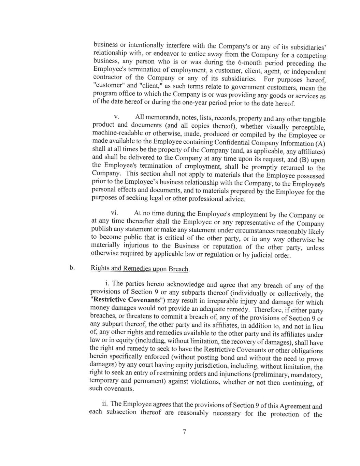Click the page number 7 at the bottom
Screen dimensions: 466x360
click(x=184, y=432)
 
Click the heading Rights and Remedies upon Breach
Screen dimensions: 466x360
click(x=140, y=269)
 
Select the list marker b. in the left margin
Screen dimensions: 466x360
click(x=72, y=268)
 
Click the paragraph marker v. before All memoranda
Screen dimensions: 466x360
click(x=116, y=117)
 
